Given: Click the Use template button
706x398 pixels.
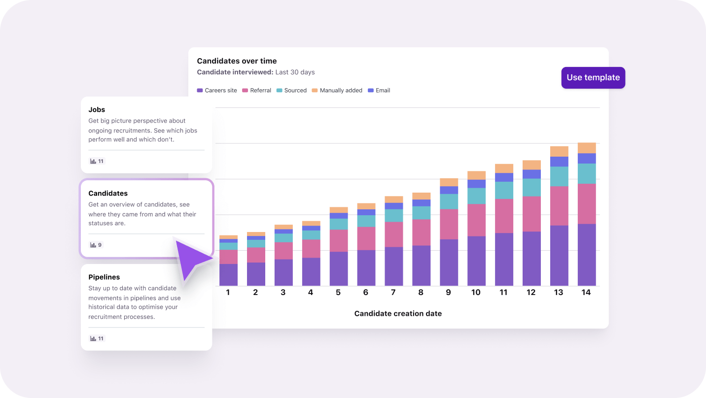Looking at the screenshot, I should [x=593, y=78].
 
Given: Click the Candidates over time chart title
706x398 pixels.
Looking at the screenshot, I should [x=237, y=61].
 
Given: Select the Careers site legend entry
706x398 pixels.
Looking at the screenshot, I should [x=217, y=91].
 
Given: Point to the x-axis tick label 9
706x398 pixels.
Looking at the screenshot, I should [x=448, y=293].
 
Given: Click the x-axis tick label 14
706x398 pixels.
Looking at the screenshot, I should [x=586, y=293].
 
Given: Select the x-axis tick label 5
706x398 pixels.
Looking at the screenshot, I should [x=338, y=293].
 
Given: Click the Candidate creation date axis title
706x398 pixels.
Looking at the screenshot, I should [x=398, y=314].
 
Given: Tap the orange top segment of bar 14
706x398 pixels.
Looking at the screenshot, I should [x=587, y=148].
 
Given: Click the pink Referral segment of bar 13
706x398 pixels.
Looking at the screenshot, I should [x=559, y=206].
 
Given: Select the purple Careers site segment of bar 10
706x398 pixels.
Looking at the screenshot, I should [x=476, y=261].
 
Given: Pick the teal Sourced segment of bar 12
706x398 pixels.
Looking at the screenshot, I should [x=531, y=188].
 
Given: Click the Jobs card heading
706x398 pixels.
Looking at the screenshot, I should [x=97, y=110].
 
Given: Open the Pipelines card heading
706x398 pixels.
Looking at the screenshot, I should [x=104, y=277].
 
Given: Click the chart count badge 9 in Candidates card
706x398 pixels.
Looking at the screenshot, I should [x=96, y=245].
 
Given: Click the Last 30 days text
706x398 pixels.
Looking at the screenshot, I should [x=295, y=72].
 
